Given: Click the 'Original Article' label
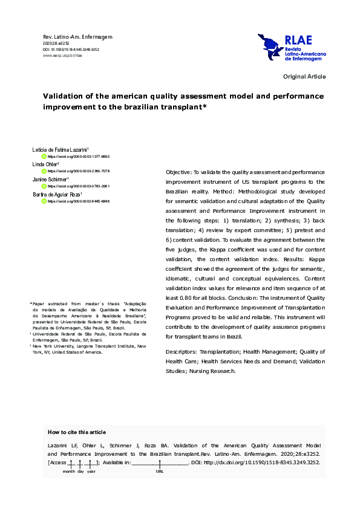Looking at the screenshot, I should [x=304, y=77].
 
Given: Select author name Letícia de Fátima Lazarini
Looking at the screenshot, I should [x=60, y=149].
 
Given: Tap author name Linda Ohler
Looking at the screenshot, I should [x=45, y=164].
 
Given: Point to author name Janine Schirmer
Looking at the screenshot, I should [x=50, y=179].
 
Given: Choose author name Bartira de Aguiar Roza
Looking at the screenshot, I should [x=56, y=194].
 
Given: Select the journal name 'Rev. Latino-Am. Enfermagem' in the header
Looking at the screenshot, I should [x=78, y=37].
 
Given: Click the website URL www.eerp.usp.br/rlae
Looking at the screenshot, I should [x=62, y=55].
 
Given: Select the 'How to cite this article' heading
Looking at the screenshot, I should [x=76, y=432].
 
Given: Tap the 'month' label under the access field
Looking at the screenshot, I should [x=69, y=471].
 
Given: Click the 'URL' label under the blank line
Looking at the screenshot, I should [x=160, y=471].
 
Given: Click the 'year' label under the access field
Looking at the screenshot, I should [x=91, y=471].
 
